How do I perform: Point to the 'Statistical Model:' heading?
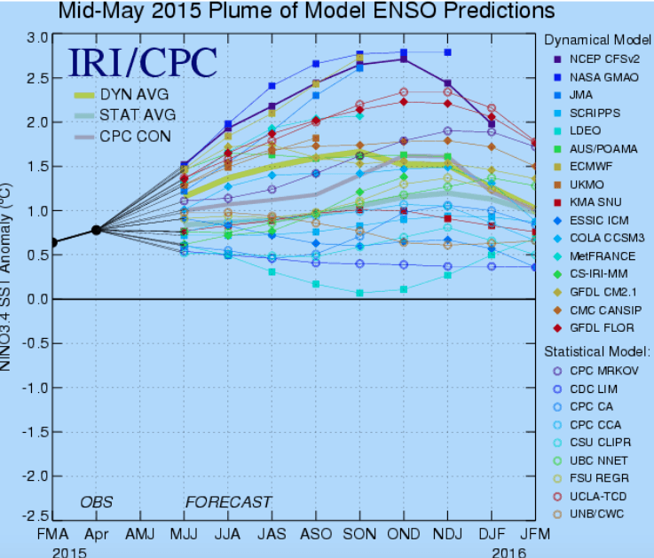[596, 351]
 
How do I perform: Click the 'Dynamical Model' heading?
[596, 40]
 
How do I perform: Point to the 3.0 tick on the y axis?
[37, 37]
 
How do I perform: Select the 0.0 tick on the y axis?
[37, 299]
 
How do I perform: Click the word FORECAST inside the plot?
[228, 502]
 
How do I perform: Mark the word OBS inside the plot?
[97, 502]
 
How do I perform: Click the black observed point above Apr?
[97, 230]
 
